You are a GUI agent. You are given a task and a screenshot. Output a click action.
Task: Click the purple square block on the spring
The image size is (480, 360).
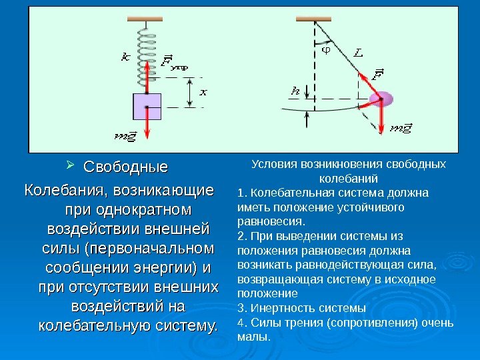[147, 106]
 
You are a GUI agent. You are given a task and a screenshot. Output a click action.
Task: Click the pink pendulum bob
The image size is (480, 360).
[385, 101]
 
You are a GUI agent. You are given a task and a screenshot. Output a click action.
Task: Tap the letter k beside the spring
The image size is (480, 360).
[126, 57]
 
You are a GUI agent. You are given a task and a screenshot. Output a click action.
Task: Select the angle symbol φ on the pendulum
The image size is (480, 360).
[326, 48]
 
